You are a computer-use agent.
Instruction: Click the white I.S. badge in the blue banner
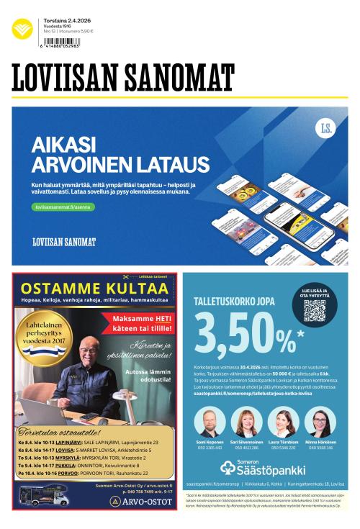pos(325,129)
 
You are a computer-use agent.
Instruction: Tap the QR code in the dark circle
pos(314,312)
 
